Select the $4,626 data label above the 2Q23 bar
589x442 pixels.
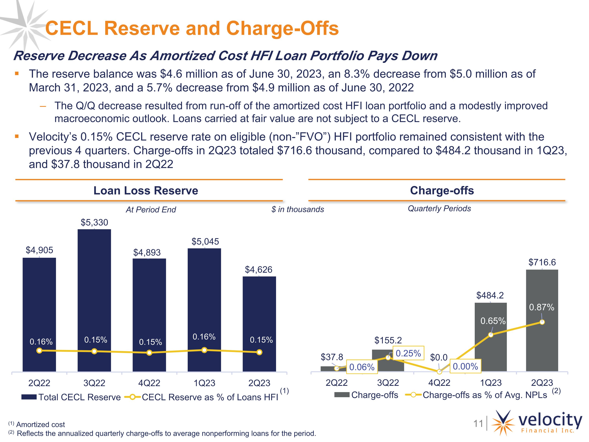[x=259, y=270]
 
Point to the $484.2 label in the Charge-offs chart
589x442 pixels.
[x=490, y=295]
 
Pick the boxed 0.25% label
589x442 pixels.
[x=408, y=353]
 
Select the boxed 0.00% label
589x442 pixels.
[x=465, y=366]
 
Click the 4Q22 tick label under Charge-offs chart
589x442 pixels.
[x=439, y=383]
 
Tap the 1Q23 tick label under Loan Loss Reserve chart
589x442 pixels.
[x=204, y=383]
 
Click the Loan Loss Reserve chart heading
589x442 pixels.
[x=146, y=191]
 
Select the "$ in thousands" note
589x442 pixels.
[x=297, y=209]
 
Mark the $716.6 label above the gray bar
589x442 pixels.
[x=542, y=262]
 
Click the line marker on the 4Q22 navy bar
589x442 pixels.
[x=149, y=353]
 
